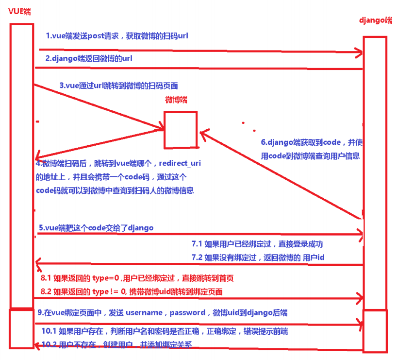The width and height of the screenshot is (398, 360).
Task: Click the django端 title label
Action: coord(375,20)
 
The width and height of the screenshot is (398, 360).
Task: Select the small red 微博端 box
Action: coord(180,130)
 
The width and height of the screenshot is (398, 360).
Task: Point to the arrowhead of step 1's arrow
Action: coord(359,51)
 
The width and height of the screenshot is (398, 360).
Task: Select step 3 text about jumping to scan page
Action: coord(118,86)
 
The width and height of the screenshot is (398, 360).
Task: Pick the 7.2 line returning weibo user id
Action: coord(258,257)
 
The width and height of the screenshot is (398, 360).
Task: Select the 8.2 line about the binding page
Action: coord(131,291)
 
